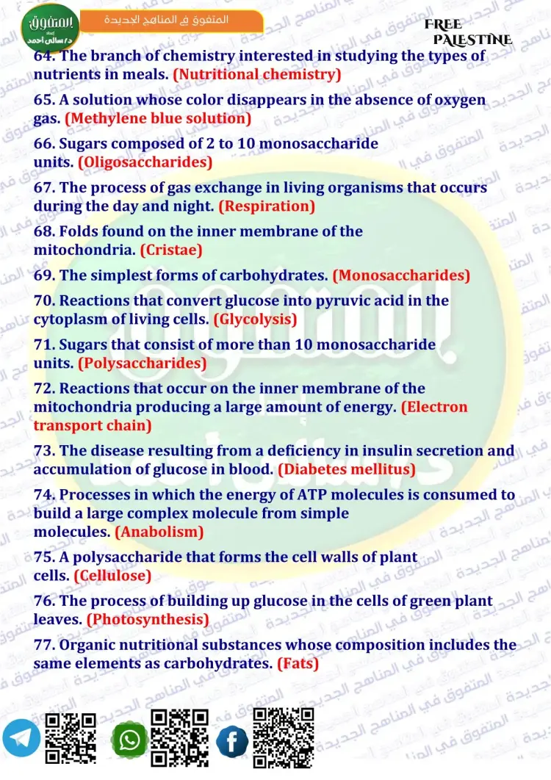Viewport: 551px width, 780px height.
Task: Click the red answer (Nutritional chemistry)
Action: pyautogui.click(x=257, y=74)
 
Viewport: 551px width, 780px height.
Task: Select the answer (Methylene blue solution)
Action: pyautogui.click(x=158, y=118)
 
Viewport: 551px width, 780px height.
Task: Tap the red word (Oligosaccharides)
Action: pyautogui.click(x=145, y=162)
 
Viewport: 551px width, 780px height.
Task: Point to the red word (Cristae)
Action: pyautogui.click(x=171, y=250)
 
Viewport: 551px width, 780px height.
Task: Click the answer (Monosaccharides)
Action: pyautogui.click(x=401, y=276)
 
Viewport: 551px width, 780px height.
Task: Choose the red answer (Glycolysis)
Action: pyautogui.click(x=255, y=319)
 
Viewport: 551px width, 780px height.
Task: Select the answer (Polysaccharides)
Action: pyautogui.click(x=142, y=364)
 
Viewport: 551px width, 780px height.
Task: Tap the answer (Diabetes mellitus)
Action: pyautogui.click(x=347, y=469)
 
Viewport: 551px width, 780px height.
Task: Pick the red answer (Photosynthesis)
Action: pyautogui.click(x=147, y=620)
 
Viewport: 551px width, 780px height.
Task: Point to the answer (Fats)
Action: pyautogui.click(x=298, y=663)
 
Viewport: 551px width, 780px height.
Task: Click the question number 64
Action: pyautogui.click(x=43, y=56)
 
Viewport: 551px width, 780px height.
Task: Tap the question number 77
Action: pyautogui.click(x=44, y=646)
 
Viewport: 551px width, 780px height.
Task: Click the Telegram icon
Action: pyautogui.click(x=21, y=738)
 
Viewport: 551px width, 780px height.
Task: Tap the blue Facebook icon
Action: pyautogui.click(x=232, y=741)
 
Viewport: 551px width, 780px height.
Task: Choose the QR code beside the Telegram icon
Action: pyautogui.click(x=71, y=737)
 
